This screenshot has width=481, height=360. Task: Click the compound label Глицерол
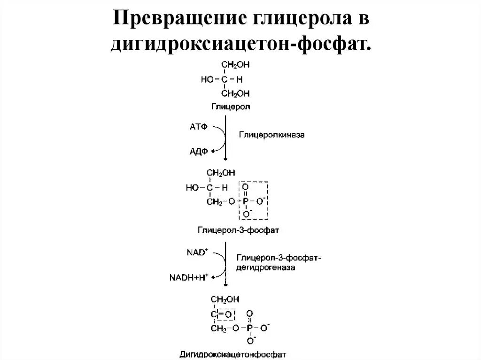pyautogui.click(x=230, y=107)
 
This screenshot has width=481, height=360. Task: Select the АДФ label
pyautogui.click(x=199, y=151)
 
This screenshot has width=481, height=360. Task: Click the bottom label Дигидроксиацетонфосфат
pyautogui.click(x=233, y=353)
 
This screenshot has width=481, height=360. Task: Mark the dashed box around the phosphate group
pyautogui.click(x=253, y=200)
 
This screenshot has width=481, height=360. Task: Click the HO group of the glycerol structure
pyautogui.click(x=207, y=79)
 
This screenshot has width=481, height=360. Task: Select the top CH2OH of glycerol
pyautogui.click(x=235, y=66)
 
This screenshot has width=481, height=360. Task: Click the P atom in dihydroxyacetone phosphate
pyautogui.click(x=249, y=327)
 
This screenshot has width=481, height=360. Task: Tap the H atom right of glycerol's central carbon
pyautogui.click(x=240, y=79)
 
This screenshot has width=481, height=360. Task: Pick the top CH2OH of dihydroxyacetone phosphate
pyautogui.click(x=224, y=299)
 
